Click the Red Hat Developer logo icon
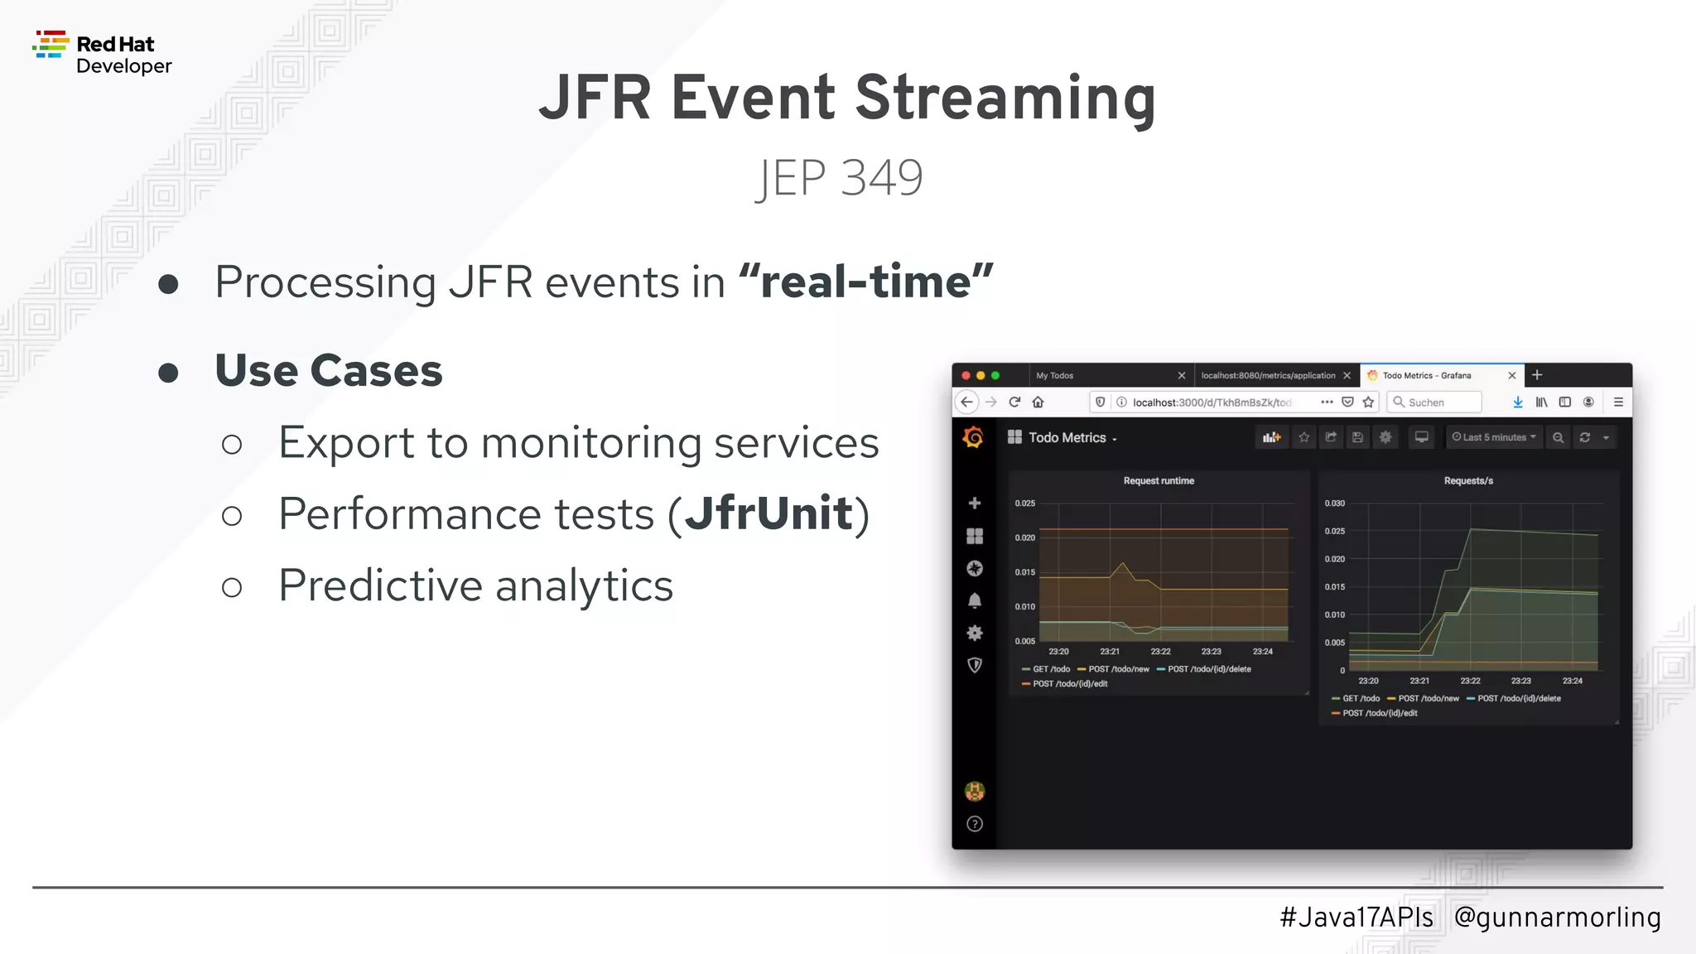click(51, 45)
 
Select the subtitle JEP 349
click(839, 177)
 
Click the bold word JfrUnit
click(768, 513)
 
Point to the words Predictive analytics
click(475, 585)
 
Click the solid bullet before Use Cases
click(168, 373)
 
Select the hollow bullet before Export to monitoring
click(232, 445)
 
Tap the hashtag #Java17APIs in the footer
click(1356, 917)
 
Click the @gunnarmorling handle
click(1557, 917)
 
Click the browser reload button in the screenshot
click(1014, 402)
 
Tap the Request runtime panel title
click(1158, 480)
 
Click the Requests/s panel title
click(1467, 480)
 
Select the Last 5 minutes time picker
click(1494, 437)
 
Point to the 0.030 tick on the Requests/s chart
click(1334, 503)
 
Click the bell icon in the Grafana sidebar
click(975, 600)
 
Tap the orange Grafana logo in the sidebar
click(973, 437)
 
